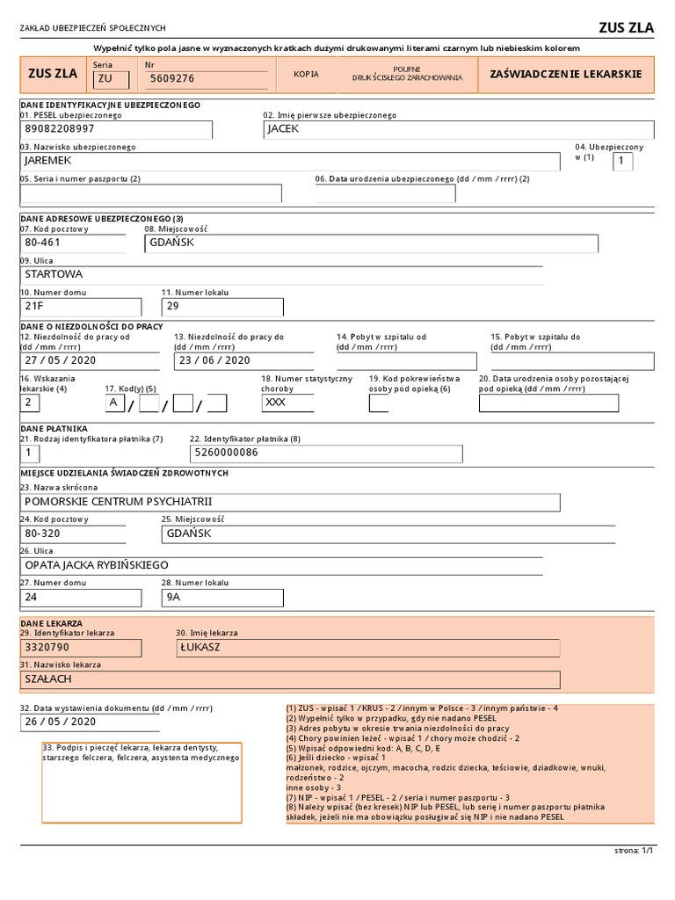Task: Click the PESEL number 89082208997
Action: [x=59, y=129]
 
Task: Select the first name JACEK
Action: [x=284, y=129]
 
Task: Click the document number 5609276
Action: [x=172, y=79]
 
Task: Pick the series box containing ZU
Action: [x=111, y=79]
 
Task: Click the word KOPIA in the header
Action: [x=306, y=75]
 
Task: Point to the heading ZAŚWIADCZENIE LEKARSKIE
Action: [x=565, y=75]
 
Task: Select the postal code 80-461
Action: [x=43, y=243]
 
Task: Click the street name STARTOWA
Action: [x=54, y=274]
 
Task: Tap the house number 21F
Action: [x=34, y=307]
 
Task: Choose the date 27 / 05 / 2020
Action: [x=61, y=360]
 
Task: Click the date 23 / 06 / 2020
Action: [x=214, y=360]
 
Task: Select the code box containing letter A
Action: [x=113, y=403]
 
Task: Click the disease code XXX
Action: [x=275, y=403]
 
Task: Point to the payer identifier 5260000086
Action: [x=227, y=454]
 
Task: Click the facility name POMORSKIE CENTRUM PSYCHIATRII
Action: [x=119, y=502]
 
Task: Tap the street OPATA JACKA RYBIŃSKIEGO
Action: [x=97, y=565]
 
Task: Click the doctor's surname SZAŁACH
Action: [x=49, y=679]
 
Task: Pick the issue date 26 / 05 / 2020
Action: [x=61, y=722]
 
